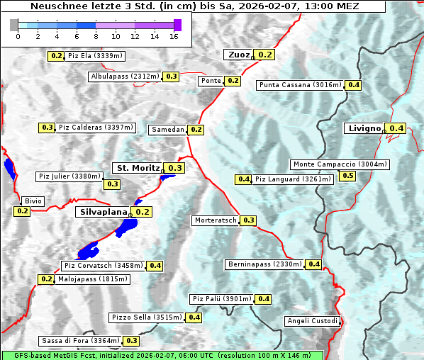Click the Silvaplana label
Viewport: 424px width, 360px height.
coord(103,212)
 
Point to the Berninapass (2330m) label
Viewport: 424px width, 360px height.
coord(264,264)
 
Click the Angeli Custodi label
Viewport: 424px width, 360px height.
coord(313,321)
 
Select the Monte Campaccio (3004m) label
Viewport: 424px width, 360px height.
coord(340,164)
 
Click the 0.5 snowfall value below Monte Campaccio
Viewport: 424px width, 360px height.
coord(347,176)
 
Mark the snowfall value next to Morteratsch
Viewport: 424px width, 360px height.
coord(249,220)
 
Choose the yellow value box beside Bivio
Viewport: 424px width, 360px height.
coord(22,211)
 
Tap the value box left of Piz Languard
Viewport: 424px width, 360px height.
coord(244,179)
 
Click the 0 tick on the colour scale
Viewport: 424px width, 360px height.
coord(18,36)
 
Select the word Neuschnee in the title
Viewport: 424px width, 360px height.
coord(53,6)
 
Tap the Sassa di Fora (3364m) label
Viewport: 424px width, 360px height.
coord(80,341)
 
